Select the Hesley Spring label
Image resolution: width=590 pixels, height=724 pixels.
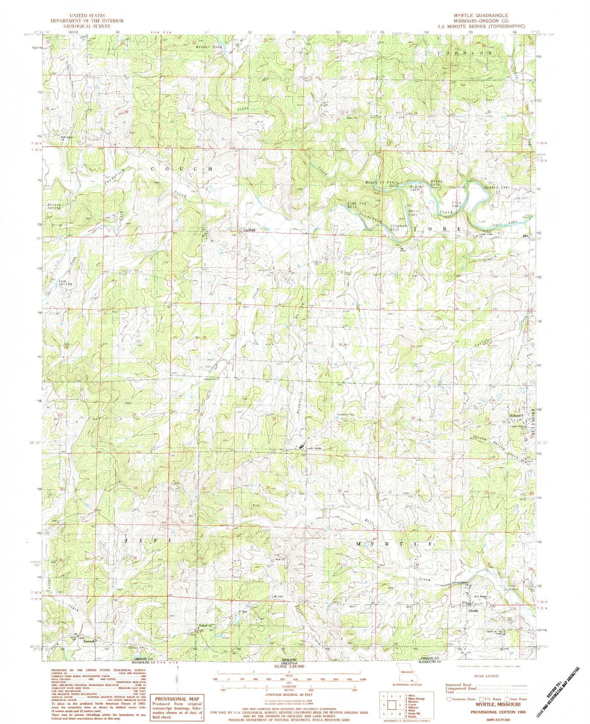[x=54, y=206]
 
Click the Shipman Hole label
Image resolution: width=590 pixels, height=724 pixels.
[x=399, y=227]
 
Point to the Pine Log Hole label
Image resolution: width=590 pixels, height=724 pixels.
[x=355, y=205]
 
